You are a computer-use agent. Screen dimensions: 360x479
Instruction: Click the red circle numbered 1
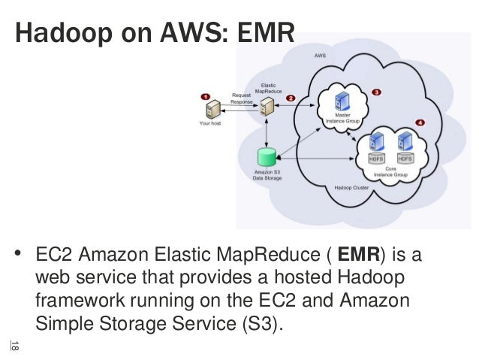click(206, 97)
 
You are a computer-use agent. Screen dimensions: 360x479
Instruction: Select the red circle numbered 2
click(291, 98)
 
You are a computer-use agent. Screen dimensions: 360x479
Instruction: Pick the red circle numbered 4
click(419, 122)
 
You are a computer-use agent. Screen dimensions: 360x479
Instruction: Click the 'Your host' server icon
click(211, 110)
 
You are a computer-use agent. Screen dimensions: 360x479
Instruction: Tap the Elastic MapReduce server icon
click(266, 105)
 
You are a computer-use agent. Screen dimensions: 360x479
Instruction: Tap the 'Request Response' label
click(241, 98)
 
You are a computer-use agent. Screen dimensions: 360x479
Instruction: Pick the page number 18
click(15, 346)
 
